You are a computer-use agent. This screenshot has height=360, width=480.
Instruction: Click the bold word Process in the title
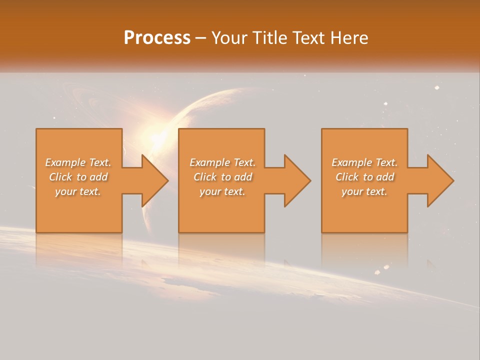pyautogui.click(x=157, y=38)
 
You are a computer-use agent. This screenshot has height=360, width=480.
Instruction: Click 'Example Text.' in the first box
pyautogui.click(x=78, y=162)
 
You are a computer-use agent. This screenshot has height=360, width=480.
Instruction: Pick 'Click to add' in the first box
pyautogui.click(x=78, y=177)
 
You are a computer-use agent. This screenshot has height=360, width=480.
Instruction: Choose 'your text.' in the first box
pyautogui.click(x=78, y=191)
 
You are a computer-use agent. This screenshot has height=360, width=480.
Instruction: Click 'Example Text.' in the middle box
pyautogui.click(x=222, y=162)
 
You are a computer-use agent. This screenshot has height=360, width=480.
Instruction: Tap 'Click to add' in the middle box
pyautogui.click(x=222, y=177)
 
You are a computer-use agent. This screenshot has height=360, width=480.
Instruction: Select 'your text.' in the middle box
pyautogui.click(x=222, y=191)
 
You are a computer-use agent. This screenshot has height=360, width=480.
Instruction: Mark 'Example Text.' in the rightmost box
pyautogui.click(x=364, y=162)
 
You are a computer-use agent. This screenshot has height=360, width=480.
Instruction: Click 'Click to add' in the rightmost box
pyautogui.click(x=364, y=177)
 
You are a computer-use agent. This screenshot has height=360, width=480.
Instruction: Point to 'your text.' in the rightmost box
pyautogui.click(x=364, y=191)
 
